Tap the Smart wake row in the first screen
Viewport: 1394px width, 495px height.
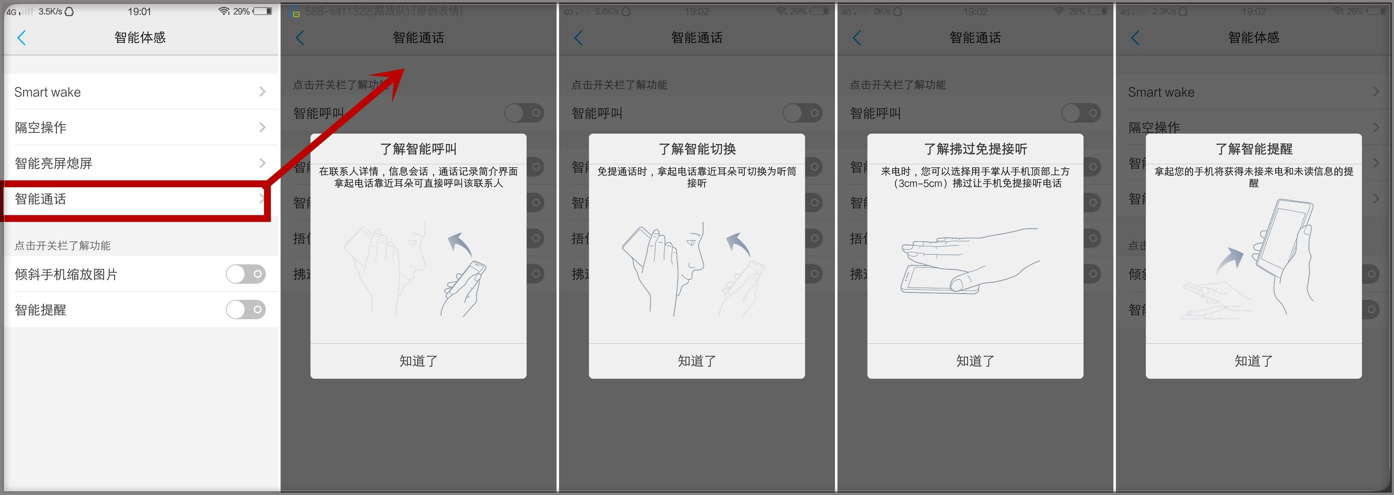[x=139, y=92]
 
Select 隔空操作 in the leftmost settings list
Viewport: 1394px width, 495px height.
[x=139, y=127]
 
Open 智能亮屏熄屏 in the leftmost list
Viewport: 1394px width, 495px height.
[x=139, y=163]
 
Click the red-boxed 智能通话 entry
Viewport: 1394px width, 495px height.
[x=135, y=199]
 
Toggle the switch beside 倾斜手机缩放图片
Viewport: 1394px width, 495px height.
[x=246, y=274]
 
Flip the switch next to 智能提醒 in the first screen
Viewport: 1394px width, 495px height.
[x=246, y=310]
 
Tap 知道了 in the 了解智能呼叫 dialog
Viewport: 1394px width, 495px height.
[x=418, y=361]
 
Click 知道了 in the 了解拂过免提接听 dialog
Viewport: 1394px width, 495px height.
[x=975, y=361]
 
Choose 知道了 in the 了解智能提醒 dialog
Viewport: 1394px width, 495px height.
[x=1253, y=361]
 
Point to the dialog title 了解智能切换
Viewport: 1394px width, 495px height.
[x=697, y=149]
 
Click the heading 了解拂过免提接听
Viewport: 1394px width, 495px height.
[x=975, y=149]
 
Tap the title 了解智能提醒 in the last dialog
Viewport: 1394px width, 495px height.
[x=1253, y=149]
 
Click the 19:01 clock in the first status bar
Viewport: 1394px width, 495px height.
[x=139, y=11]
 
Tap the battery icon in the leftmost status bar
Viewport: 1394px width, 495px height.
[x=263, y=11]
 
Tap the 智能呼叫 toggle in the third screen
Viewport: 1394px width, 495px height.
[x=802, y=113]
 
